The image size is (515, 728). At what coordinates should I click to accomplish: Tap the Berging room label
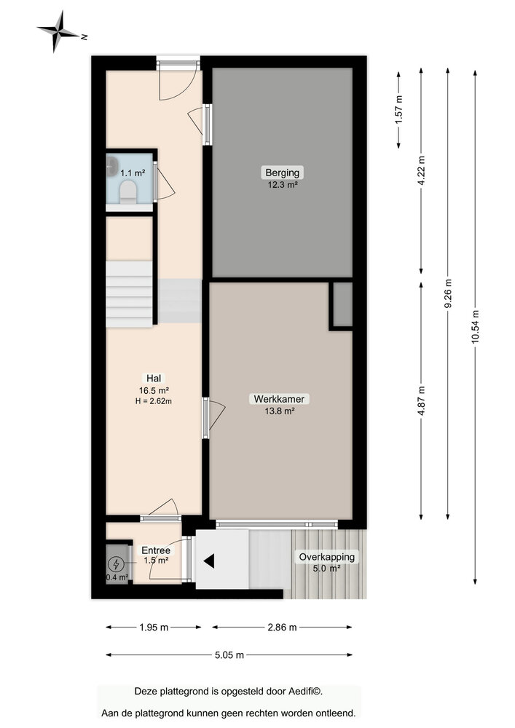coord(282,173)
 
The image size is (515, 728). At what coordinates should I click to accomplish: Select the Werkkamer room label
coord(279,399)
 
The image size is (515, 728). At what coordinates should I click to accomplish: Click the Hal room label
coord(154,378)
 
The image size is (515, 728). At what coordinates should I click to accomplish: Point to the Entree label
coord(155,550)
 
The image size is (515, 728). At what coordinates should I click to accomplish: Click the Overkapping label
coord(326,557)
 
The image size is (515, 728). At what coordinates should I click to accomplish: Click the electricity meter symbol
coord(117,563)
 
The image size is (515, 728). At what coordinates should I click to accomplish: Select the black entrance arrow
coord(209,561)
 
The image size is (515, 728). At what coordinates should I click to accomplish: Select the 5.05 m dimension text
coord(229,654)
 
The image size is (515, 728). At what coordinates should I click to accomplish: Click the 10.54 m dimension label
coord(475,326)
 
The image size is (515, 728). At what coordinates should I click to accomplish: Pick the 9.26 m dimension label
coord(448,293)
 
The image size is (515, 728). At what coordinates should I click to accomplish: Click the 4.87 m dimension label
coord(421,400)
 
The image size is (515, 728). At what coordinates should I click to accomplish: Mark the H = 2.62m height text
coord(154,400)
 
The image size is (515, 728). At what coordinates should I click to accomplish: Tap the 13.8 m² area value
coord(279,411)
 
